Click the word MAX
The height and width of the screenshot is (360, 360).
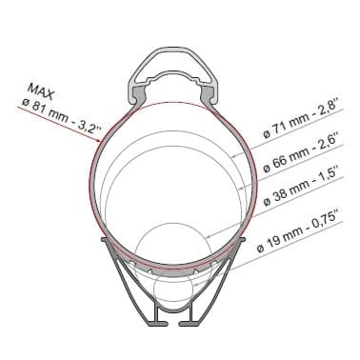coord(41,91)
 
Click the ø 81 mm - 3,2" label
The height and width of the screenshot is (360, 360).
coord(61,116)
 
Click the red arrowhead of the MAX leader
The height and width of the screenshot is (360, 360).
coord(98,140)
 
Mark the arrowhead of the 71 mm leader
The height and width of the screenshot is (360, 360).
coord(233,156)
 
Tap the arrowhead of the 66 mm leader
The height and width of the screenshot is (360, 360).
coord(240,189)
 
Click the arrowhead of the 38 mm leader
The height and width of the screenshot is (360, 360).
coord(208,236)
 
